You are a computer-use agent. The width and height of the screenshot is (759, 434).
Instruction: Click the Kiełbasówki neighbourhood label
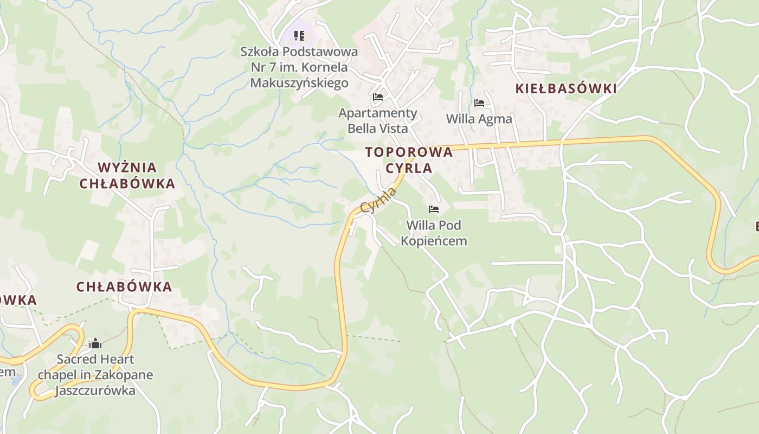coord(566,88)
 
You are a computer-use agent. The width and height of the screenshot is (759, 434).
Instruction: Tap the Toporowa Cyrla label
coord(409,159)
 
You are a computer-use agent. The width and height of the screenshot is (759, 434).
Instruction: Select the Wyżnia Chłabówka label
coord(127,175)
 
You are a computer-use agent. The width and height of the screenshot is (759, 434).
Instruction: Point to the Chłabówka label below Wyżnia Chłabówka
coord(124,286)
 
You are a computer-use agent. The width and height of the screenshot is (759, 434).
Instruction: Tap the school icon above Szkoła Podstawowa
coord(299,36)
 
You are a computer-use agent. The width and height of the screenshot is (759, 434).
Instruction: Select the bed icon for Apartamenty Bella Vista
coord(378,97)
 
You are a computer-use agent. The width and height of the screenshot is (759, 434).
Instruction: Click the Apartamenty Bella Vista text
coord(378,120)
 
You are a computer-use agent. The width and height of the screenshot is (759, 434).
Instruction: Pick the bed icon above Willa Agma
coord(479,103)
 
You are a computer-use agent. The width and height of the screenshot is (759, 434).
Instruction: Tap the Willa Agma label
coord(479,118)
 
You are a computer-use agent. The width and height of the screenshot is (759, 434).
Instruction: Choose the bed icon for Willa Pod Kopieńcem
coord(433,209)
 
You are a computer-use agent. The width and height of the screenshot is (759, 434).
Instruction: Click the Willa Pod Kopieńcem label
coord(434,232)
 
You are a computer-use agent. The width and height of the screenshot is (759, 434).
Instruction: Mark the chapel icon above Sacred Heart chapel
coord(95,343)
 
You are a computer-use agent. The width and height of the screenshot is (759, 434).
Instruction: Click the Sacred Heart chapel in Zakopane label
coord(95,374)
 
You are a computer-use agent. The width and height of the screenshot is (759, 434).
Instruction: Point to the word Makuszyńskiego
coord(299,83)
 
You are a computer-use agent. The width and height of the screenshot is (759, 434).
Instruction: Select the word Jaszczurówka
coord(95,390)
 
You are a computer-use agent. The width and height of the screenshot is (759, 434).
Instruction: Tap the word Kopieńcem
coord(434,240)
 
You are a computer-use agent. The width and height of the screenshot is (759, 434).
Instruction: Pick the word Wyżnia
coord(127,167)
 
